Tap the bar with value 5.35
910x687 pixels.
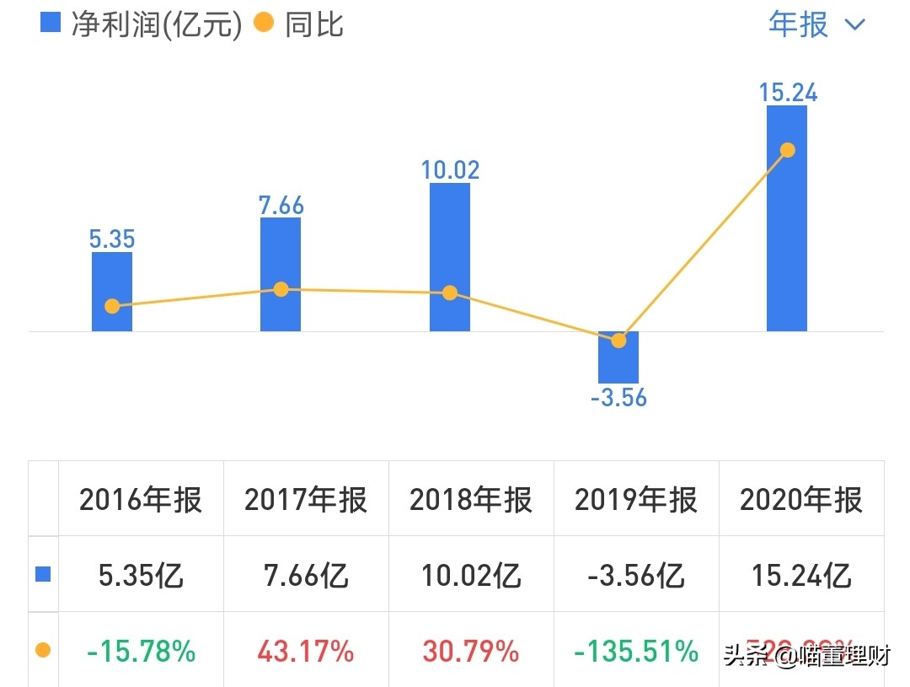tap(112, 278)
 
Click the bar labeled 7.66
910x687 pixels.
tap(281, 253)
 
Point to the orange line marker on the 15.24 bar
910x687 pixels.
tap(788, 150)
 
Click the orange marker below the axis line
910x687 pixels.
tap(618, 341)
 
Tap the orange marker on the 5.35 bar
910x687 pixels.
tap(112, 306)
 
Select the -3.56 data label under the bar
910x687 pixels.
tap(618, 398)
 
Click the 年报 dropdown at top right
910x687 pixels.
tap(816, 24)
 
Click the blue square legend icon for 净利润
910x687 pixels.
tap(51, 23)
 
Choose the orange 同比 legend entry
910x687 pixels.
tap(300, 24)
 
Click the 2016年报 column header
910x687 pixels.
tap(141, 500)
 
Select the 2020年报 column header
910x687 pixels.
tap(801, 500)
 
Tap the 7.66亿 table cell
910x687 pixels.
tap(306, 576)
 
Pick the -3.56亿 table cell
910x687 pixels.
tap(636, 576)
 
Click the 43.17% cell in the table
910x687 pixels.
tap(306, 651)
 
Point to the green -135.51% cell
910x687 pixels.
tap(636, 651)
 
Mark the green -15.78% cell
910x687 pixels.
tap(141, 651)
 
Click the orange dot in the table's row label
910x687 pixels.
tap(43, 650)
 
